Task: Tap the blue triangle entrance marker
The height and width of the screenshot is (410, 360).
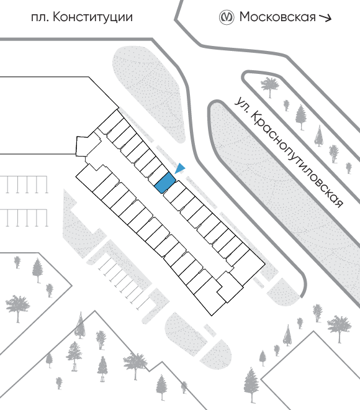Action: click(180, 168)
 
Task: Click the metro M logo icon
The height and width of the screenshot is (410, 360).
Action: click(226, 17)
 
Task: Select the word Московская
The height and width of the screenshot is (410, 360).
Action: click(277, 17)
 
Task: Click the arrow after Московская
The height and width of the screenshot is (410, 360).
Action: click(325, 18)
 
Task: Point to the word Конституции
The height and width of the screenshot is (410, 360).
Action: click(92, 17)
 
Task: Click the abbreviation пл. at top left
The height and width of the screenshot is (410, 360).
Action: click(40, 18)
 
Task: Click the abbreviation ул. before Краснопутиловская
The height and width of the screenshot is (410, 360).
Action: click(241, 104)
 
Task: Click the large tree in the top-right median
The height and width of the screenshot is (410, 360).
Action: click(269, 86)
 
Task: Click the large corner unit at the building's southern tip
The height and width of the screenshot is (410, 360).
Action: click(209, 296)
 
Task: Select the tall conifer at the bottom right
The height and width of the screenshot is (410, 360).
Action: click(251, 385)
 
